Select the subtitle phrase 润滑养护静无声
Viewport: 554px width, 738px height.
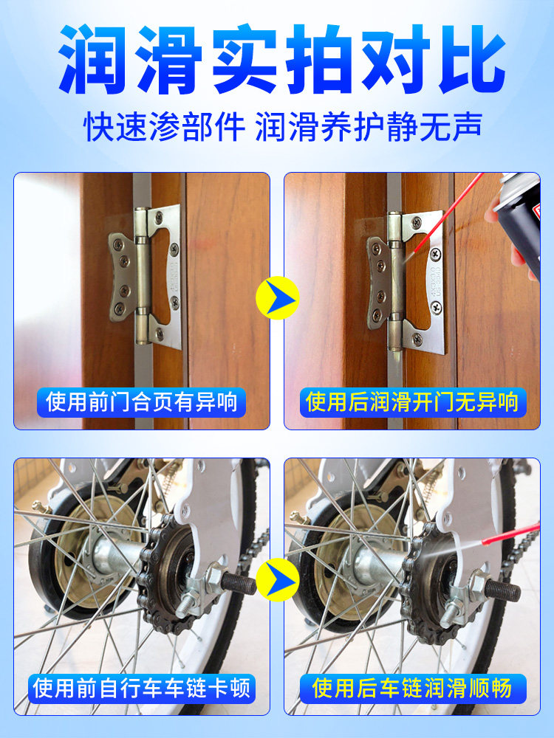coord(369,127)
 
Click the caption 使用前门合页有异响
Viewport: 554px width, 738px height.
coord(142,402)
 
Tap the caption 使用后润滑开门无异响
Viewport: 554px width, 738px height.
coord(411,402)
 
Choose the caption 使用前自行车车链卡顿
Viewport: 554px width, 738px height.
coord(142,689)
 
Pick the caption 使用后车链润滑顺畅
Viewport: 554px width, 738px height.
coord(411,689)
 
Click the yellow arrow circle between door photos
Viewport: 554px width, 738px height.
coord(277,298)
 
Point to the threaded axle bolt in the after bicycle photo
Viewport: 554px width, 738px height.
coord(502,589)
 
